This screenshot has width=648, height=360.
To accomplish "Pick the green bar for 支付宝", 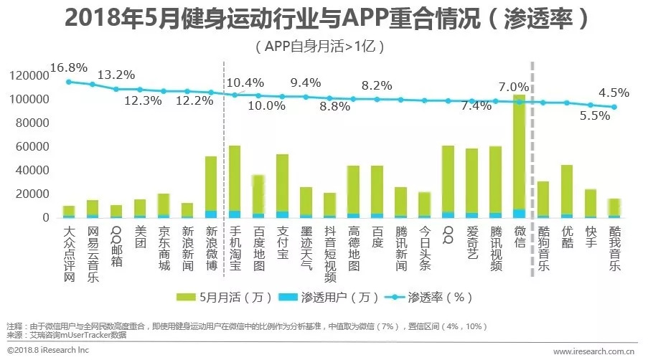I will point(282,183).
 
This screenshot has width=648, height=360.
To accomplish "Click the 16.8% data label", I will point(69,68).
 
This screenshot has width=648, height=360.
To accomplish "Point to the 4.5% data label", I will point(614,93).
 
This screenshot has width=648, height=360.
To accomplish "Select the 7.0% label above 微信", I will point(514,87).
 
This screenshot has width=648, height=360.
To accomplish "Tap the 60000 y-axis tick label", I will point(32,146).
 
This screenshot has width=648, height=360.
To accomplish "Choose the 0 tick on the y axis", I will point(46,217).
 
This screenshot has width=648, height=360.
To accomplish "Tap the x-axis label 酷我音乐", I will point(614,247).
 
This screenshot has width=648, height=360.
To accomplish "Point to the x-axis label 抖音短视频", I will point(329,251).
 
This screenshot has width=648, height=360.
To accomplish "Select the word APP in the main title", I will point(353,18).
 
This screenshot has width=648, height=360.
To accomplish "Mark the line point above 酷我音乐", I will point(614,108).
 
